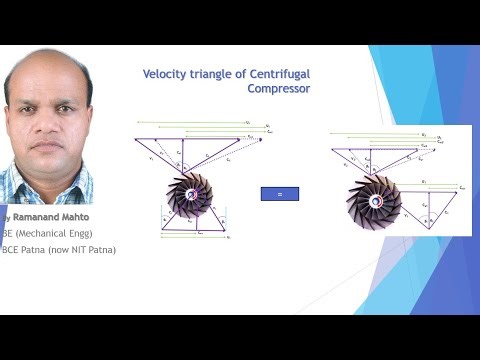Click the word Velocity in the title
coord(162,73)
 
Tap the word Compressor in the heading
coord(278,88)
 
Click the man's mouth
coord(46,149)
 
